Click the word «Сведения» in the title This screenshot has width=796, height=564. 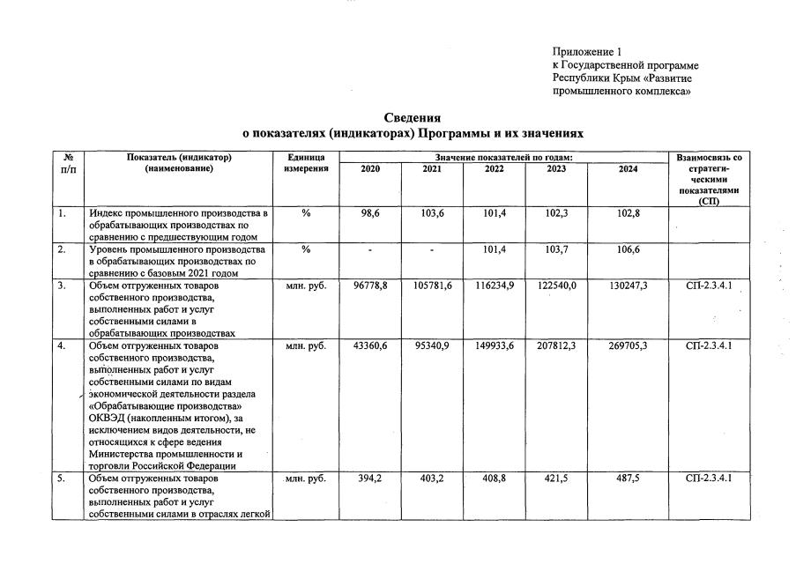point(413,118)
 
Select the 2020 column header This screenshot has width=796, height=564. point(370,169)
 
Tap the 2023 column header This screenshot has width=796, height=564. point(556,169)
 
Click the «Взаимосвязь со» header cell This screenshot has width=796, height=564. point(708,158)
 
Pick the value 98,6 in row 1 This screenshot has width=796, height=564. point(370,214)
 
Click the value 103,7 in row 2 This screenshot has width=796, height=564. point(556,250)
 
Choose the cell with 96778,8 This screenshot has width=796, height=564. point(370,286)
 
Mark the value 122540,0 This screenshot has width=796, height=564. point(556,286)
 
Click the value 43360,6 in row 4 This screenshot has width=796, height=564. point(370,346)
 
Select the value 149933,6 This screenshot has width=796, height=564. point(495,346)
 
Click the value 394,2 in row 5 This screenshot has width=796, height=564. point(370,479)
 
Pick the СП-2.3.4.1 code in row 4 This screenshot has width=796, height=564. point(708,346)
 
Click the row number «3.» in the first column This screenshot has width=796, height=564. point(62,286)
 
